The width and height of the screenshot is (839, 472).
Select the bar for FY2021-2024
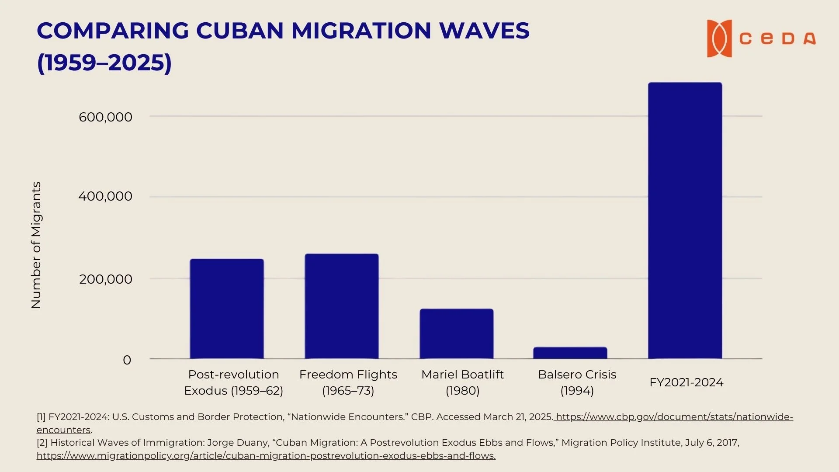click(x=685, y=221)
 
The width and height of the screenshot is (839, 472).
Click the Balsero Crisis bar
click(x=570, y=353)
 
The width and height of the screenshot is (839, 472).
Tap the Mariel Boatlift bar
click(x=457, y=334)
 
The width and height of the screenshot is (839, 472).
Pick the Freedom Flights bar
click(x=342, y=306)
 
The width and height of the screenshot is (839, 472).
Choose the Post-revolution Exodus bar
click(x=227, y=309)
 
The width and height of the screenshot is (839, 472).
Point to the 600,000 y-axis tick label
click(x=105, y=117)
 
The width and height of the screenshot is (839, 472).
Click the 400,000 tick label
click(x=105, y=196)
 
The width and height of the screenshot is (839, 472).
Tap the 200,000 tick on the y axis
click(x=105, y=279)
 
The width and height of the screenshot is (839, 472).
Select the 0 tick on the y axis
click(x=127, y=360)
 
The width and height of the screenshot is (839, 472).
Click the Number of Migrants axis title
click(x=36, y=245)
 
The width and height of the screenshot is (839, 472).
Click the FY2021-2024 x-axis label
click(x=686, y=382)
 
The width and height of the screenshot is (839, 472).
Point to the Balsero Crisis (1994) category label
click(x=577, y=382)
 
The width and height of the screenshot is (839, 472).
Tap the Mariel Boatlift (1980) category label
click(x=462, y=382)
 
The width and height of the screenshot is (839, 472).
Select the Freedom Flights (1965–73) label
click(x=348, y=382)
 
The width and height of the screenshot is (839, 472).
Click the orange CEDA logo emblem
click(x=719, y=38)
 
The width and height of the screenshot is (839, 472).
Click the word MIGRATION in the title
click(x=361, y=31)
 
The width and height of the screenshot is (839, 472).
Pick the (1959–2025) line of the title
click(x=104, y=62)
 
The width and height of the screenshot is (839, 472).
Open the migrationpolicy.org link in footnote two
click(x=266, y=456)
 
